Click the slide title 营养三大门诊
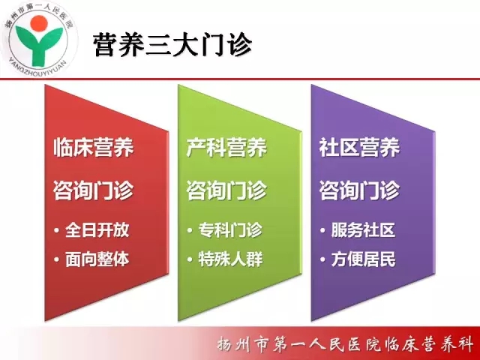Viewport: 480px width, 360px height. pos(172,45)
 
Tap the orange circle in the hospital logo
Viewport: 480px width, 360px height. pos(39,24)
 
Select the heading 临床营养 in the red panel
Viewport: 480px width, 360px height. pos(93,148)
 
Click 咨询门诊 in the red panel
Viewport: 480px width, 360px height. pos(93,190)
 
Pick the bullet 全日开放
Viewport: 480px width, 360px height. pos(97,230)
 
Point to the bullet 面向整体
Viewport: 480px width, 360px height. pos(97,259)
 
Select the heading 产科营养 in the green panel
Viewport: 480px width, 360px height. pos(226,148)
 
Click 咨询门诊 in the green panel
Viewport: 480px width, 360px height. pos(226,190)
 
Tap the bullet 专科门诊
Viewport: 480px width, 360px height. pos(230,230)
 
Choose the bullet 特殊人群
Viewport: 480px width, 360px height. pos(230,259)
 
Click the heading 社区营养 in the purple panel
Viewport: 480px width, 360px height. pos(359,148)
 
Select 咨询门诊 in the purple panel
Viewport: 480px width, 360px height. pos(359,190)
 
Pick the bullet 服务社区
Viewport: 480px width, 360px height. pos(363,230)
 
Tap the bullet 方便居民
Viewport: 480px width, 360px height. pos(363,259)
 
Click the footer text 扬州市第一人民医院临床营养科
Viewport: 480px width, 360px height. pos(345,344)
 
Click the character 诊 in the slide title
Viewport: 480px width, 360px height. pos(238,45)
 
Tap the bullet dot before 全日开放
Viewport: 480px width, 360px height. pos(57,230)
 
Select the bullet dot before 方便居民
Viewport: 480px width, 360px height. pos(322,259)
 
